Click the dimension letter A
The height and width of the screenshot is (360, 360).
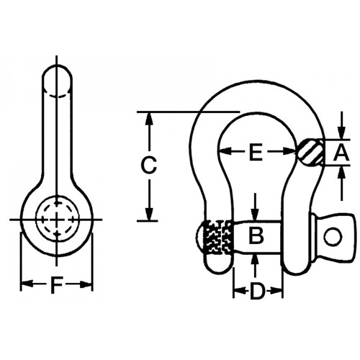(x=342, y=152)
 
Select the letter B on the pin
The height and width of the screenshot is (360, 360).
(x=256, y=234)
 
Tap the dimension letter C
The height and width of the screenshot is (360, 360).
(x=148, y=165)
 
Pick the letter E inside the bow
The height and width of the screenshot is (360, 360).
(x=255, y=152)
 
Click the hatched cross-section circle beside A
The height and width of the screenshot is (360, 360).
(x=309, y=152)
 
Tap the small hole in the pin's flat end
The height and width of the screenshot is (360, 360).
(x=331, y=235)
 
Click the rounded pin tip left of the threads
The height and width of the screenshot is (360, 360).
(x=201, y=236)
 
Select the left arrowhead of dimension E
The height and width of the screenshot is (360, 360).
(x=224, y=152)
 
